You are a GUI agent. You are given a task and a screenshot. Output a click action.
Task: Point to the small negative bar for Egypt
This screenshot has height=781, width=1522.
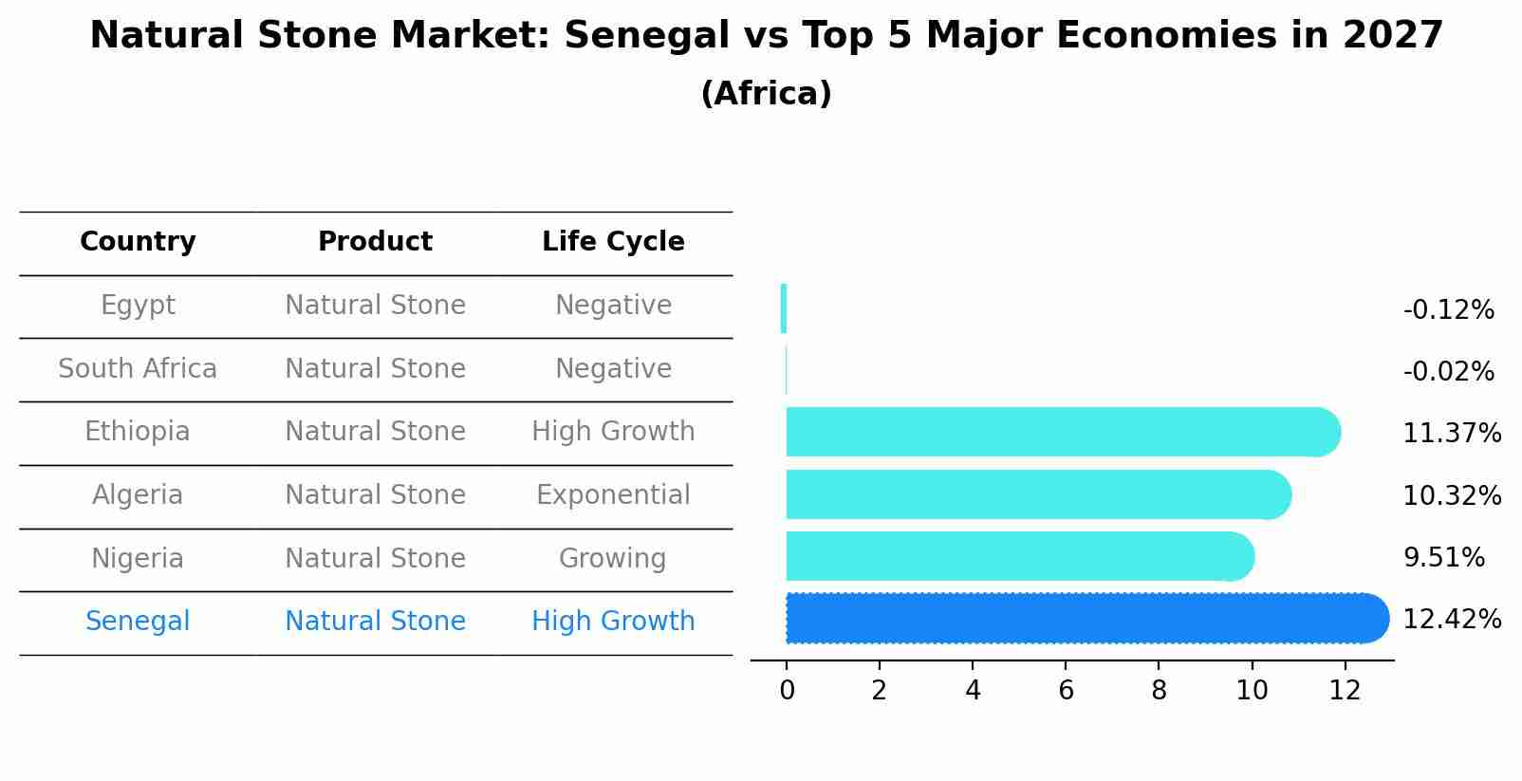(784, 308)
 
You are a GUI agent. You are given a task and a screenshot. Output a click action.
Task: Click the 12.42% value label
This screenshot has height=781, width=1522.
(1452, 620)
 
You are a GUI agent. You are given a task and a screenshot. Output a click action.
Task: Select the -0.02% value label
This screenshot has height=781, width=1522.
(1448, 371)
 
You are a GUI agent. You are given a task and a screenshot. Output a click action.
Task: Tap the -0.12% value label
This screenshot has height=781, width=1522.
(1448, 310)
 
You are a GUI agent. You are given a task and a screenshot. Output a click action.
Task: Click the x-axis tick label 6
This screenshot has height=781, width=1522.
(1066, 691)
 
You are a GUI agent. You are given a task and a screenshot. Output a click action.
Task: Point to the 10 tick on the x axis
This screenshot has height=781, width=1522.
(1252, 691)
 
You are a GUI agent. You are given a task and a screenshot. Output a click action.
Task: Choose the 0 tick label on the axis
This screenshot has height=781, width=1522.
(787, 691)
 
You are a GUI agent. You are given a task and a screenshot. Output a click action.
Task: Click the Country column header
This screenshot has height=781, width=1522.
(138, 242)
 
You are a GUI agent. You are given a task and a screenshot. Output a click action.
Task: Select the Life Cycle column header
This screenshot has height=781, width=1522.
(613, 242)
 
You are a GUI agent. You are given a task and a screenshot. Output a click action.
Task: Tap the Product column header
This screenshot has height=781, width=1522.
(375, 242)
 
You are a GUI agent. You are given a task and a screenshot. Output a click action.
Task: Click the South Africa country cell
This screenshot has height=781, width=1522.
(138, 368)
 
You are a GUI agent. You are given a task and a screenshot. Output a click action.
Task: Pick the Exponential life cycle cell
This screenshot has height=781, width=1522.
(613, 495)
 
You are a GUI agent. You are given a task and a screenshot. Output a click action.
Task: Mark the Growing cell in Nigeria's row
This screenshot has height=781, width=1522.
(613, 558)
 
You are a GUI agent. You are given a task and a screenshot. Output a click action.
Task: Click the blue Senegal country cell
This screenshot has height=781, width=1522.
(138, 622)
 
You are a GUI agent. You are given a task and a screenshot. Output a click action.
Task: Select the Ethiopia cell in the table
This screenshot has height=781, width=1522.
(138, 432)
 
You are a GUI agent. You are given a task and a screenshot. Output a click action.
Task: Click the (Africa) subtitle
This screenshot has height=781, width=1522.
(766, 94)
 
